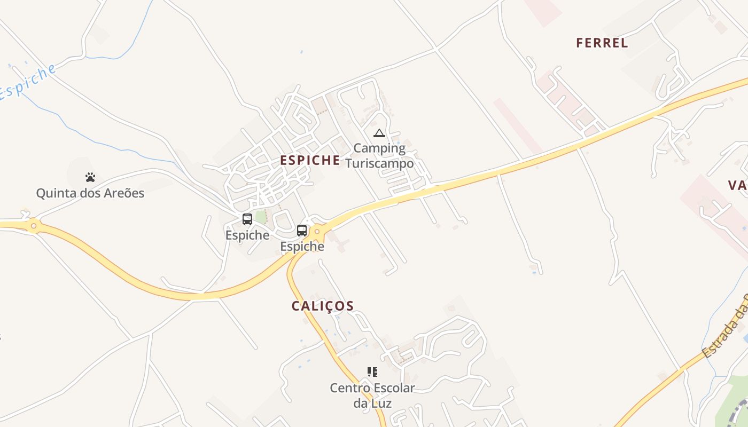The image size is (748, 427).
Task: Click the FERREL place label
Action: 602,43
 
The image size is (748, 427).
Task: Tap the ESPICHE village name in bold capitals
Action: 310,160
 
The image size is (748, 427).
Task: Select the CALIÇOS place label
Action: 323,306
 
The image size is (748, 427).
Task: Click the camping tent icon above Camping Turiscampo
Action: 379,133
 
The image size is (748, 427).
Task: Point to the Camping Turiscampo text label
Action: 379,155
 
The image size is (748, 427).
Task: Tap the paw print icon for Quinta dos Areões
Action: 90,177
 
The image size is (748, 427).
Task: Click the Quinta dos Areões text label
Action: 90,193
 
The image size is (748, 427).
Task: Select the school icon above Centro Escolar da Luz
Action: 372,372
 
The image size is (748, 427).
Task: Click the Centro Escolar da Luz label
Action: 372,395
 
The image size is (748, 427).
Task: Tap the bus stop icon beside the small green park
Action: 247,219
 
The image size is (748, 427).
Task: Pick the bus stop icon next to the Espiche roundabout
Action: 302,231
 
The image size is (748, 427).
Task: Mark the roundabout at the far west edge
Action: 34,226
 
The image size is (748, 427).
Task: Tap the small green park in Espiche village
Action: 260,217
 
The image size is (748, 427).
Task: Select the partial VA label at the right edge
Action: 737,185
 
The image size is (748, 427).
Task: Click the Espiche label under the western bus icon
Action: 247,235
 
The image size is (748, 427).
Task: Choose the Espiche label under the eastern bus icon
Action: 302,247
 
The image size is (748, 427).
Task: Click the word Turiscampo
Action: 379,163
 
